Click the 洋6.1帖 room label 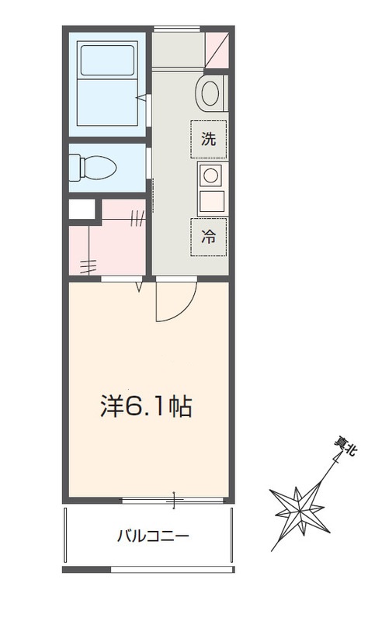147,406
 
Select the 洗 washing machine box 209,140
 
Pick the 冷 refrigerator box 209,237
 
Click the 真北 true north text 344,449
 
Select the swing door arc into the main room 172,303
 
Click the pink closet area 109,245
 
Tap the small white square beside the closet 82,209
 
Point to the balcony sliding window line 174,500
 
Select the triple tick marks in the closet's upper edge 137,219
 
